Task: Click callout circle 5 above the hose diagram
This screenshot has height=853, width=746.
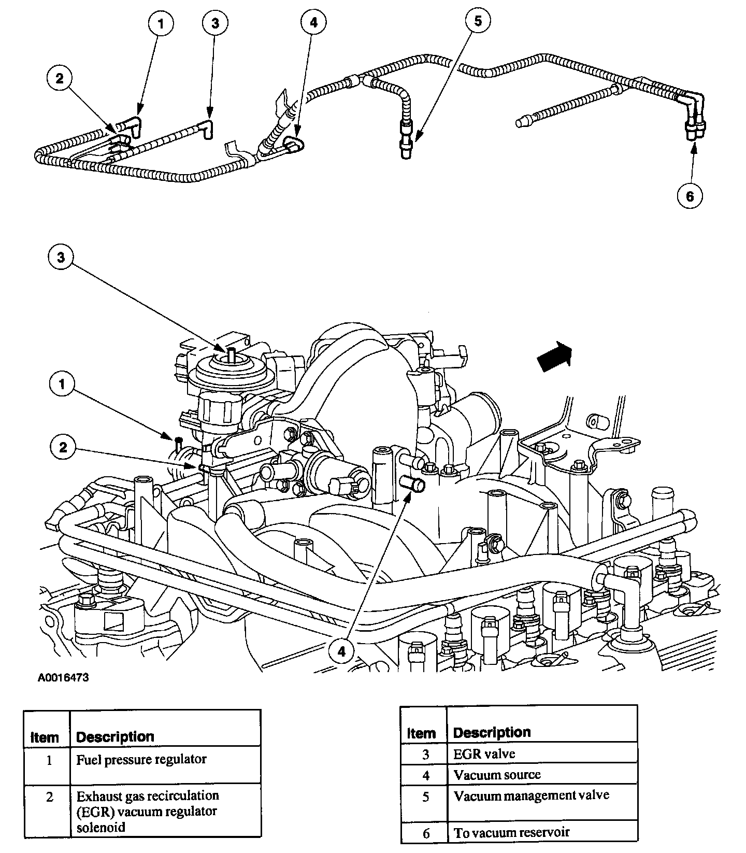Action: click(477, 21)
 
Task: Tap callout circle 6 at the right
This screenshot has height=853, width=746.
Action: click(690, 196)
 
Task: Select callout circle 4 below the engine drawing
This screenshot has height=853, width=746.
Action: click(341, 651)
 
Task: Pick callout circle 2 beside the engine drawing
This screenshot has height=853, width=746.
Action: click(63, 447)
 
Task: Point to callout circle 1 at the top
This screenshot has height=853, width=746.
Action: click(161, 24)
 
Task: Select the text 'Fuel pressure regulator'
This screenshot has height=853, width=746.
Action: click(141, 760)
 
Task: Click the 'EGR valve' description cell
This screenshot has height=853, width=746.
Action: click(484, 754)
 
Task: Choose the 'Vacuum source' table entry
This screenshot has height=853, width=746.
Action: click(497, 775)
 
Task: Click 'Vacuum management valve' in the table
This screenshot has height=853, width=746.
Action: click(531, 795)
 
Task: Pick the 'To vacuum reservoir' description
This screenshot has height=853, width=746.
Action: click(511, 832)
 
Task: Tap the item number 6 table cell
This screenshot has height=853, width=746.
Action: click(426, 833)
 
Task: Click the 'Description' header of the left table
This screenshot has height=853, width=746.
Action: click(115, 736)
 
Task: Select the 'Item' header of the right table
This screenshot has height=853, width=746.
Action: click(421, 733)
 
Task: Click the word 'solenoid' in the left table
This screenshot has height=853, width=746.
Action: click(101, 827)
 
